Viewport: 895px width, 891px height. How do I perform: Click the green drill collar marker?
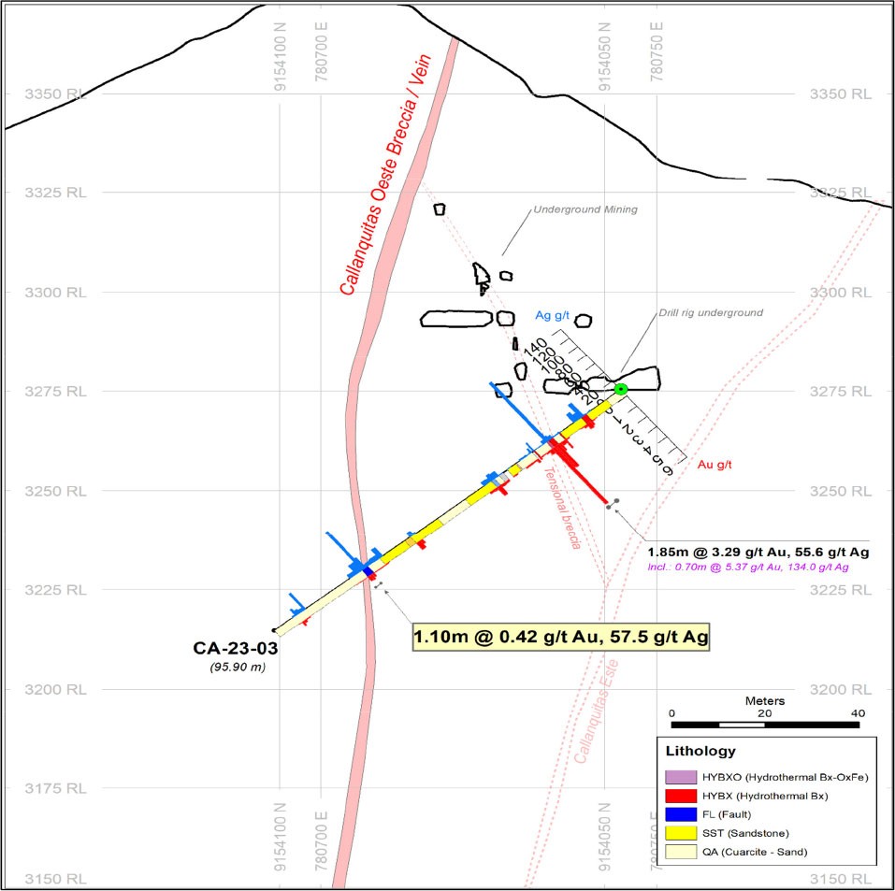pos(620,389)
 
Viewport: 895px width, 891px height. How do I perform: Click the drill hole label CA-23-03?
pos(235,647)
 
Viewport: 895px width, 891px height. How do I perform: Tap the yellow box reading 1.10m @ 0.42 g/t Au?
pos(560,638)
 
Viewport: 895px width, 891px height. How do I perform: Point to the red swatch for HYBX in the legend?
pos(680,796)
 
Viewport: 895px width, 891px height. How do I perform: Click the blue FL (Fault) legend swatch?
pos(680,814)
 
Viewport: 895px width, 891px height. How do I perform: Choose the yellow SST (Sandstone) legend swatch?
pos(680,833)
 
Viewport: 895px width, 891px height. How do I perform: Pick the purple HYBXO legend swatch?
pos(680,777)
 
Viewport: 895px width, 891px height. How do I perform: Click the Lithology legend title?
pos(700,751)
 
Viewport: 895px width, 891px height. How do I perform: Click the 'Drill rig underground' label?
pos(709,312)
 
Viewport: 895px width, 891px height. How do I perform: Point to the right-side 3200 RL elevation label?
pos(839,689)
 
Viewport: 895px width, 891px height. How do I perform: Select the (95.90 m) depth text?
pos(235,665)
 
